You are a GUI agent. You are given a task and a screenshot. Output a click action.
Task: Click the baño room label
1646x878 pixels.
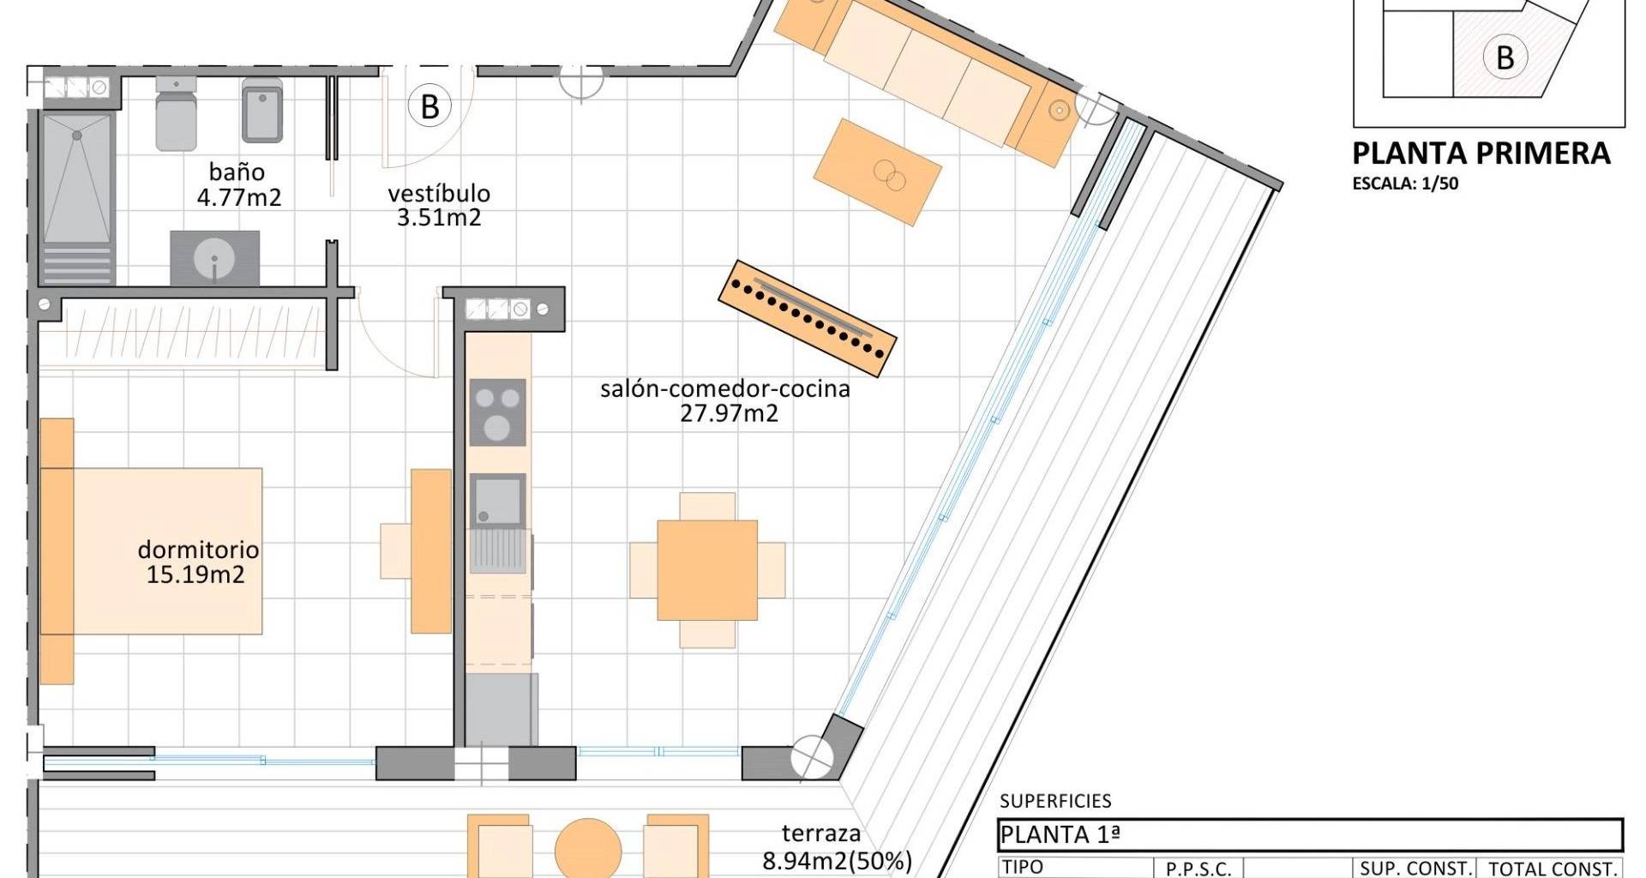237,172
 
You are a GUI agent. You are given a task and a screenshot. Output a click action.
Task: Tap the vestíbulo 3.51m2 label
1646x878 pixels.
438,205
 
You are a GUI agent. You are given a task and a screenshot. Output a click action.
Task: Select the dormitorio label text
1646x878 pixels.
198,550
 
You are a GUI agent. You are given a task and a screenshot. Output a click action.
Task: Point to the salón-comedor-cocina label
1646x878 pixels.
725,389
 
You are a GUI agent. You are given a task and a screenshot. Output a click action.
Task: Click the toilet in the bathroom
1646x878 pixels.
177,113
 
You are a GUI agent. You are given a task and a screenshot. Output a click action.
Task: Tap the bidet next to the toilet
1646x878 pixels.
262,111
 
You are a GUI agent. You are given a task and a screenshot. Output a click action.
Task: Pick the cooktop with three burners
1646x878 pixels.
497,412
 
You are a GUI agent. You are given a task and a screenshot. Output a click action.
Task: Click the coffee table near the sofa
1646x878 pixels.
877,172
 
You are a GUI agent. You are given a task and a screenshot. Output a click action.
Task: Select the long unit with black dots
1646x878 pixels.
807,319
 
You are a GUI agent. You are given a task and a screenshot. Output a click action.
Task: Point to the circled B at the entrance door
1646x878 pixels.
430,107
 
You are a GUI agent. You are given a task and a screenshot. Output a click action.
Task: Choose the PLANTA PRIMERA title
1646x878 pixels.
1481,153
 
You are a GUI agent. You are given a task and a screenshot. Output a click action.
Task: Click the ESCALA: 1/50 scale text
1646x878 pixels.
1405,183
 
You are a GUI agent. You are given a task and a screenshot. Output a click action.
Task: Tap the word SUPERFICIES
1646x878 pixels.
1055,801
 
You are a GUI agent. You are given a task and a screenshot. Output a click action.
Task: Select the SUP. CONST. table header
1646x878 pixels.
1415,869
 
